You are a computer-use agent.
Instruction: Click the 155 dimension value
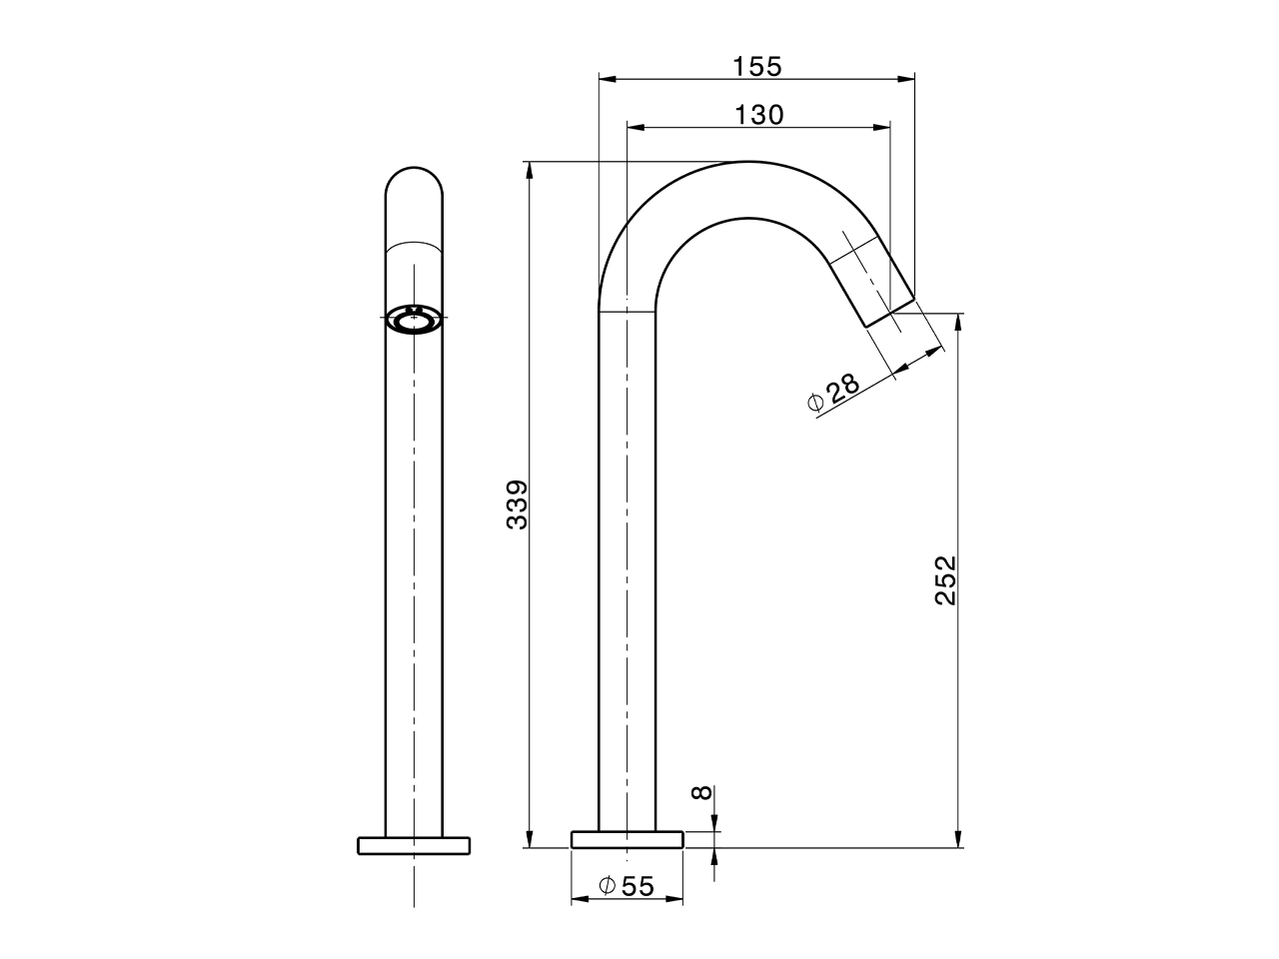tap(756, 67)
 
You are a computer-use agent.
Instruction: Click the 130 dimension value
tap(759, 115)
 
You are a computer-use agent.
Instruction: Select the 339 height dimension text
tap(517, 504)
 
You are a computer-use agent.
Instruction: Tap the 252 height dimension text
tap(945, 580)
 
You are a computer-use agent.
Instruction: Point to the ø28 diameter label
tap(833, 392)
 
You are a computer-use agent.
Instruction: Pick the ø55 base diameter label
tap(627, 885)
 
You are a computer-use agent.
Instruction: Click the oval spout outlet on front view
tap(414, 320)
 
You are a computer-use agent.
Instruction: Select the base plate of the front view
tap(414, 845)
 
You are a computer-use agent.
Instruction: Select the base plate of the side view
tap(627, 839)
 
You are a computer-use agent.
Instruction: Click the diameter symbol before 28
tap(814, 403)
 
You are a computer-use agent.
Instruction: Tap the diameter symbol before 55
tap(607, 885)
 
